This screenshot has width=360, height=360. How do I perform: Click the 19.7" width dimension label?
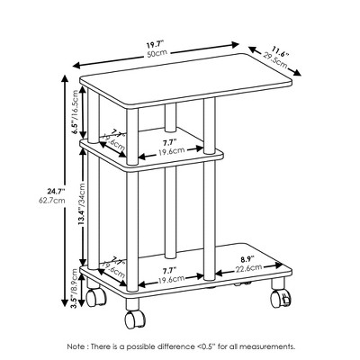tap(159, 41)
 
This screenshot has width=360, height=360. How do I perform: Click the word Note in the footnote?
tap(77, 346)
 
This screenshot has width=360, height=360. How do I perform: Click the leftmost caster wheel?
tap(94, 296)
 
